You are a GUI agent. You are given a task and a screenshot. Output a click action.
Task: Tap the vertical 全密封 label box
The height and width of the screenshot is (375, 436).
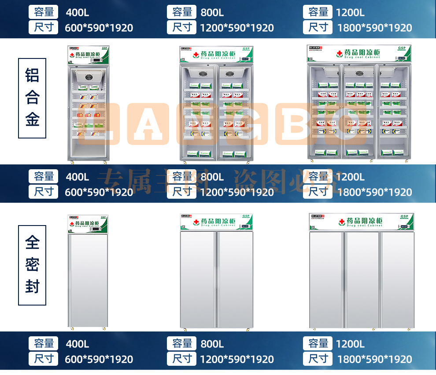tap(32, 265)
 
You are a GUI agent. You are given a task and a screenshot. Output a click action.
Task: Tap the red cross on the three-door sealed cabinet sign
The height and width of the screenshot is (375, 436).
tap(341, 222)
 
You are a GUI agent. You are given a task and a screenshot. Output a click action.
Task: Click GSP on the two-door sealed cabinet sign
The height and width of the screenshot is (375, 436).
tap(246, 216)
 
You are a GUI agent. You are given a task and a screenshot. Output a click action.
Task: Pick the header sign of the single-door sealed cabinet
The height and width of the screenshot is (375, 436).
tap(88, 223)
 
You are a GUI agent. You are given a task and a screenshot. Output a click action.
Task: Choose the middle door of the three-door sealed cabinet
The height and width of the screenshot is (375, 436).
tap(362, 280)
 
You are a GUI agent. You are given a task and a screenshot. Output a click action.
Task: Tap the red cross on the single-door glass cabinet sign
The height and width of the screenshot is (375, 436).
tap(73, 55)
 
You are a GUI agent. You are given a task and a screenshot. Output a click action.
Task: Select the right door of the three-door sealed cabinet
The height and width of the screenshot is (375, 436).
tap(397, 280)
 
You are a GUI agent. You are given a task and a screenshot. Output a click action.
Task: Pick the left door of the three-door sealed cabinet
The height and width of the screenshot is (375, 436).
tap(327, 280)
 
